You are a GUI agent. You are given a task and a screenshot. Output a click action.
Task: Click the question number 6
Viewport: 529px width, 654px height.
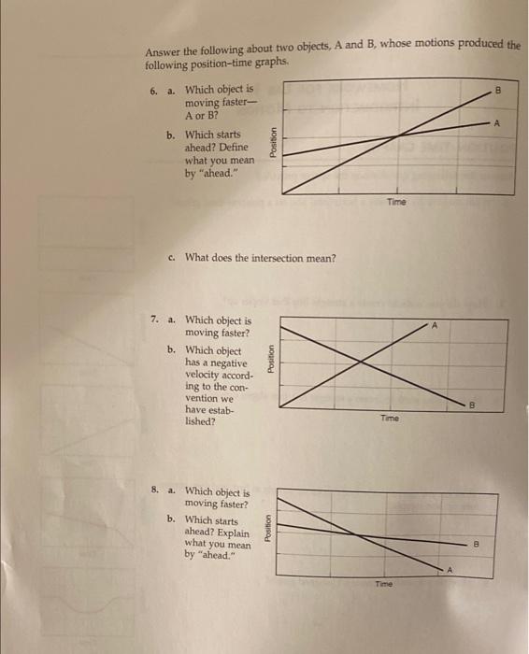153,91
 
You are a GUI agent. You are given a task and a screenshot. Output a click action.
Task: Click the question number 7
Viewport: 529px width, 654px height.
154,320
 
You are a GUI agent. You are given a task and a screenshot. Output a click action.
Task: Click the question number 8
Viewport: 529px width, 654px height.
154,490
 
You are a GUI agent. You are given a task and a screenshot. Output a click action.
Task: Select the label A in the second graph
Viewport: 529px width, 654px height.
434,325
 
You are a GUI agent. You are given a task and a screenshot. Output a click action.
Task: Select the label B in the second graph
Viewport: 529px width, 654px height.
499,405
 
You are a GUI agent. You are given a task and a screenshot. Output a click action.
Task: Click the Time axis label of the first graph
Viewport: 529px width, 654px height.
397,202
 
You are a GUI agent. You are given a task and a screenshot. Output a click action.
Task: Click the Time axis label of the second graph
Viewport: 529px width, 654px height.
390,419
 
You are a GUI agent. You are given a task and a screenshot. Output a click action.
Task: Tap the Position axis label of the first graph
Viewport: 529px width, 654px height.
271,144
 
